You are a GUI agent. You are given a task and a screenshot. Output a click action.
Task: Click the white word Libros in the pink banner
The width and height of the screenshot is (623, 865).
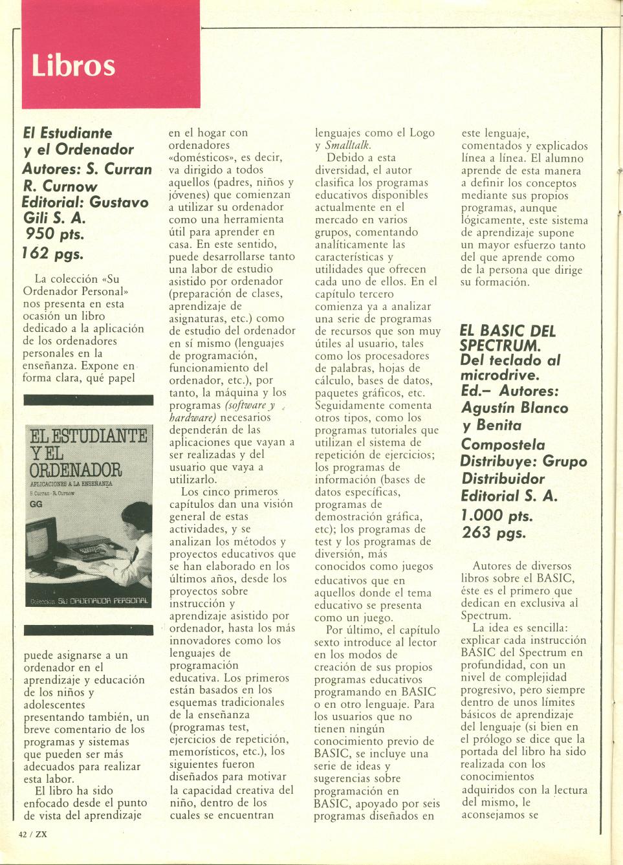pyautogui.click(x=73, y=66)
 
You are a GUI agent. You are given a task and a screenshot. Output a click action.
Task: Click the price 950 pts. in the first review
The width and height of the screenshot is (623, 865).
pyautogui.click(x=55, y=234)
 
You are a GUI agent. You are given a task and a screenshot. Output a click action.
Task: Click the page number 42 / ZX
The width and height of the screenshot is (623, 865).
pyautogui.click(x=33, y=834)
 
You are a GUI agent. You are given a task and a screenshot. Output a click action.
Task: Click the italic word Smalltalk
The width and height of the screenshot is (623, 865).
pyautogui.click(x=348, y=146)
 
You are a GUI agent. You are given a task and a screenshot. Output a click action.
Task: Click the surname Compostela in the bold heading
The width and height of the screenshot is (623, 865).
pyautogui.click(x=503, y=444)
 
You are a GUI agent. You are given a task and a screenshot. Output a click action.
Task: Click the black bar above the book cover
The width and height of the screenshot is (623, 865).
pyautogui.click(x=88, y=400)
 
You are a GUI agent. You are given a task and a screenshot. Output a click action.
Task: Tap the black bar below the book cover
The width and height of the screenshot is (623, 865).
pyautogui.click(x=88, y=630)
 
